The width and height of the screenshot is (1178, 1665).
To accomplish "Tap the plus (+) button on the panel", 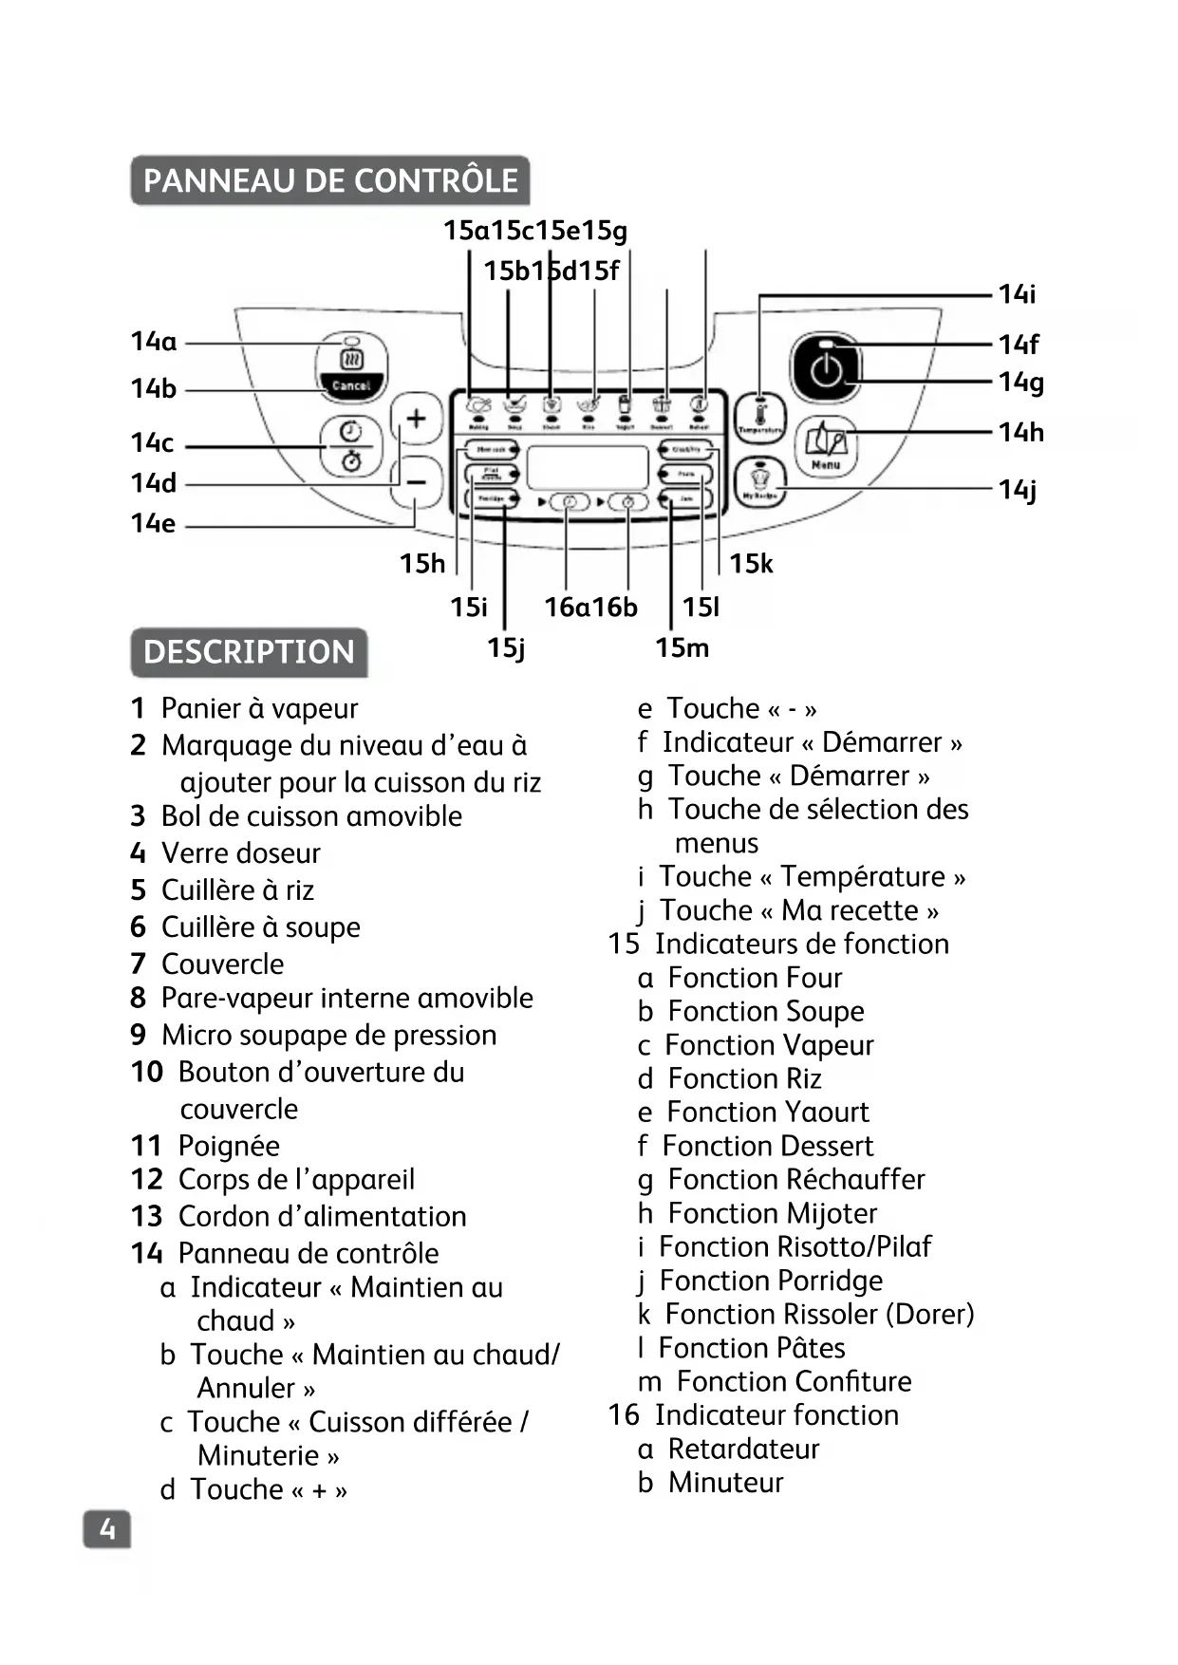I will [416, 419].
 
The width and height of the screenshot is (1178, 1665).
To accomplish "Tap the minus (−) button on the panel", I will [416, 482].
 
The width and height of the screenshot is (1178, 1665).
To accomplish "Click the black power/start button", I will [826, 369].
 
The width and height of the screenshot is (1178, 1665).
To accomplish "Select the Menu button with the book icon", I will [826, 446].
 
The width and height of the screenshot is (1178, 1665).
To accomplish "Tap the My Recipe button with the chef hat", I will [759, 482].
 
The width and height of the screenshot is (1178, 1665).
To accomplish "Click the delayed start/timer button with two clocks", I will [351, 445].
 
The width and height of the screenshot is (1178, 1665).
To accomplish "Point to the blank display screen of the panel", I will [588, 466].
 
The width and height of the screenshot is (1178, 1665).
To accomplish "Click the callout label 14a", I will [154, 342].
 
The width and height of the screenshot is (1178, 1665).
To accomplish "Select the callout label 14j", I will [1018, 490].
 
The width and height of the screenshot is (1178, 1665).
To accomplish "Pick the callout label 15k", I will [751, 564].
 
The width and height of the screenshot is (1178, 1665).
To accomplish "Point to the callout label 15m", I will [682, 648].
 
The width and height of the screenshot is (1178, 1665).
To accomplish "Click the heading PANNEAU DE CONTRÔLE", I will [330, 180].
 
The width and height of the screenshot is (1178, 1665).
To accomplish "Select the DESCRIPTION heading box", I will [249, 652].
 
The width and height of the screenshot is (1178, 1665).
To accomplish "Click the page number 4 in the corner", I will [107, 1529].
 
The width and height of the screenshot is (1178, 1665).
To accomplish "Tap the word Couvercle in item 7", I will [222, 963].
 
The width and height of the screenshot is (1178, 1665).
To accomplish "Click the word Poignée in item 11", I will [229, 1146].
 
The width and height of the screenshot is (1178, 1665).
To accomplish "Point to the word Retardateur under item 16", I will [743, 1449].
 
